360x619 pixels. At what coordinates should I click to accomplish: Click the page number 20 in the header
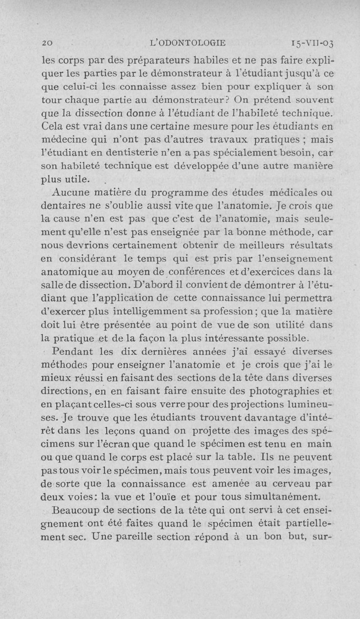[47, 43]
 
